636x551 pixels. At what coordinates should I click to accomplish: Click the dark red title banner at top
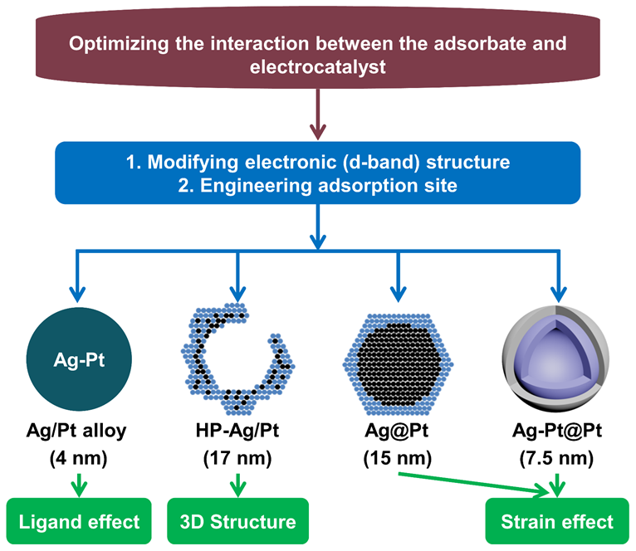tap(319, 54)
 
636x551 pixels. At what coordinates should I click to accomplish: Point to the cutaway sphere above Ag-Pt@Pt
tap(556, 363)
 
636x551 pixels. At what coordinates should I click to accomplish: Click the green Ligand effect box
tap(79, 521)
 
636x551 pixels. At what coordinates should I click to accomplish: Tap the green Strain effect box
tap(556, 521)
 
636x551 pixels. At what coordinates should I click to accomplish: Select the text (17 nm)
tap(238, 456)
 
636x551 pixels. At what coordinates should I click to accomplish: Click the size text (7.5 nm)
tap(556, 456)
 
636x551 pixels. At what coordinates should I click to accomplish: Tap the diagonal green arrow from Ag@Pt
tap(473, 483)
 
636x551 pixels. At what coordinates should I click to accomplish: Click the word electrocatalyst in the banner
tap(319, 66)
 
